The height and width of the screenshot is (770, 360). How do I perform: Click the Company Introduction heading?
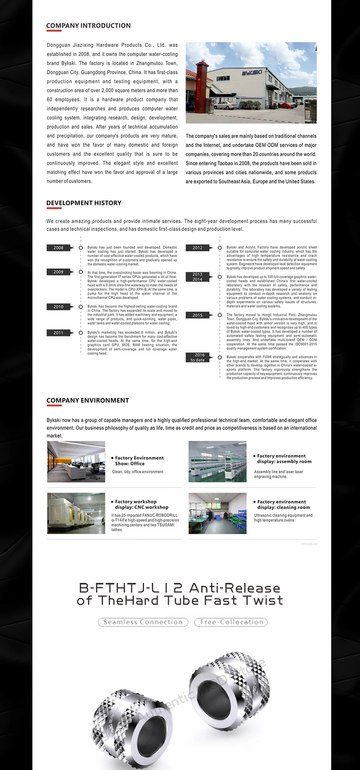pyautogui.click(x=88, y=26)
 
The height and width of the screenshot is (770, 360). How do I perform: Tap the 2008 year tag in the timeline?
pyautogui.click(x=59, y=248)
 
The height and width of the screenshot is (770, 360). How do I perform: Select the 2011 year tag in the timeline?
pyautogui.click(x=59, y=333)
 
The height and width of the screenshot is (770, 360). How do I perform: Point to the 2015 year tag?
pyautogui.click(x=198, y=315)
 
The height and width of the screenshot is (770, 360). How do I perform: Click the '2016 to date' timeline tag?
pyautogui.click(x=198, y=357)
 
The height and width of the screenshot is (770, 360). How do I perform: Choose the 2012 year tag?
pyautogui.click(x=198, y=248)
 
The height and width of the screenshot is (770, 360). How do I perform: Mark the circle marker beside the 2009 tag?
pyautogui.click(x=81, y=272)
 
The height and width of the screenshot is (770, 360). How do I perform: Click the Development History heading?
pyautogui.click(x=84, y=203)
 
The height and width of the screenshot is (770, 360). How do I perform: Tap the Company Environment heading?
pyautogui.click(x=87, y=400)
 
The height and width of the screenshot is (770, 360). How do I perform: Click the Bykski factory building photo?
pyautogui.click(x=251, y=83)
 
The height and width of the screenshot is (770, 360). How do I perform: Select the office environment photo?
pyautogui.click(x=76, y=462)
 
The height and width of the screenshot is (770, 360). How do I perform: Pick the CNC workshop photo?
pyautogui.click(x=76, y=513)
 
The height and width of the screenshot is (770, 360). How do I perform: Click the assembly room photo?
pyautogui.click(x=217, y=462)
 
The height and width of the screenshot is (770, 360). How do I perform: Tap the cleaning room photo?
pyautogui.click(x=217, y=513)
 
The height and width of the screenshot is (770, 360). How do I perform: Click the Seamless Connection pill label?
pyautogui.click(x=143, y=622)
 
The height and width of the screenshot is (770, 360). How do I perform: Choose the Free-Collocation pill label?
pyautogui.click(x=231, y=622)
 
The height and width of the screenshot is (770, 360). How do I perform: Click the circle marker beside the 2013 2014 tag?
pyautogui.click(x=220, y=277)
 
